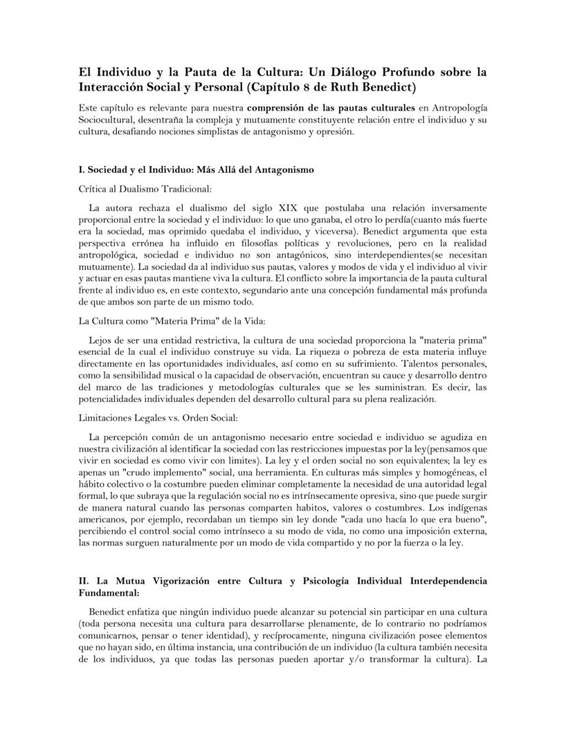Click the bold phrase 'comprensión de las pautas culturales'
(331, 108)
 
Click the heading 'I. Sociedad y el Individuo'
(196, 170)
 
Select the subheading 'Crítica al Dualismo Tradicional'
(146, 189)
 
